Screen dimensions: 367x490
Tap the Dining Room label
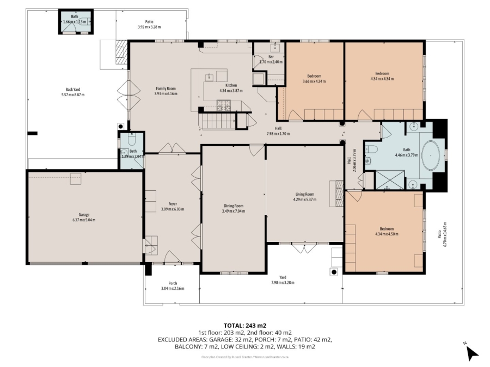tap(234, 206)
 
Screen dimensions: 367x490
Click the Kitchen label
tap(231, 85)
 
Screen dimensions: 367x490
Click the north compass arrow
tap(471, 353)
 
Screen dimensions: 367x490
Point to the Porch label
tap(173, 283)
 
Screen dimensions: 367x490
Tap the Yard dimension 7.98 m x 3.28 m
tap(283, 283)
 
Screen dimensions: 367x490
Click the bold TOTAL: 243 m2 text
tap(244, 326)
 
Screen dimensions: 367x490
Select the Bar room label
tap(270, 56)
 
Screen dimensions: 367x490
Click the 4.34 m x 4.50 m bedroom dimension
tap(387, 234)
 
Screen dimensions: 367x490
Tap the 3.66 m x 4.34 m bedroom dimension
tap(314, 82)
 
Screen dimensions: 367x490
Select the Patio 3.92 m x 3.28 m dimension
tap(149, 27)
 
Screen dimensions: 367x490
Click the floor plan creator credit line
tap(244, 357)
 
